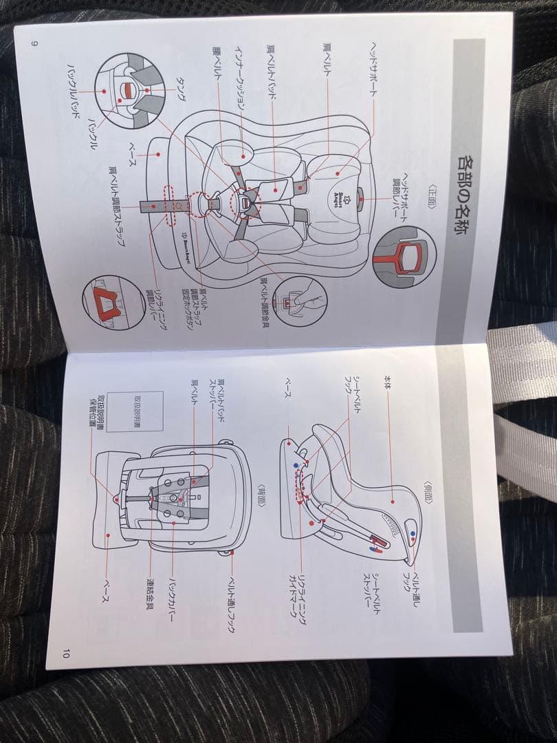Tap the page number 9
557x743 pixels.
tap(34, 43)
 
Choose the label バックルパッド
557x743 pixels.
tap(72, 89)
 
